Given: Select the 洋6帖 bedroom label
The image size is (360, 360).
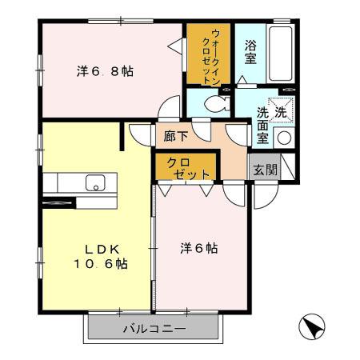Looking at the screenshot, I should [x=198, y=248].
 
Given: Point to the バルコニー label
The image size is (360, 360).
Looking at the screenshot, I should [x=154, y=329].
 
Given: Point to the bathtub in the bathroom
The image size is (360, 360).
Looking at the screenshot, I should [x=282, y=51].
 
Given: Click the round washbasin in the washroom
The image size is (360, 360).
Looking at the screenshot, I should [x=283, y=138].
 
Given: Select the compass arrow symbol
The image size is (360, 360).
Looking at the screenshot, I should [x=314, y=327].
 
